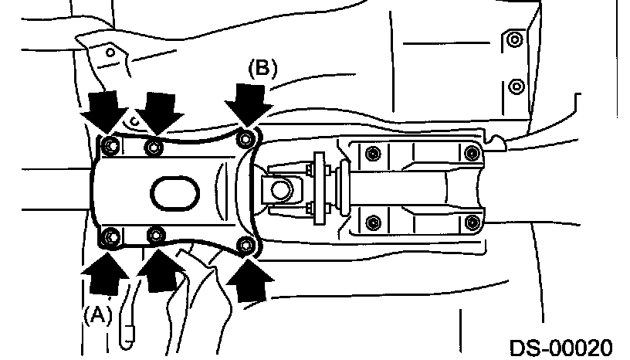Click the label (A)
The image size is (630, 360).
pos(98,314)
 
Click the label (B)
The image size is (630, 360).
pos(262,68)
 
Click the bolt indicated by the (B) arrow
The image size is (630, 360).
pos(246,139)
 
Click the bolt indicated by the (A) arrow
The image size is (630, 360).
pos(109,235)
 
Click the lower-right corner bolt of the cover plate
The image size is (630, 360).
pos(246,245)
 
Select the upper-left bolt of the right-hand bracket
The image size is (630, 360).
pos(373,151)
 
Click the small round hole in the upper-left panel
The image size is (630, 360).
pos(110,53)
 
